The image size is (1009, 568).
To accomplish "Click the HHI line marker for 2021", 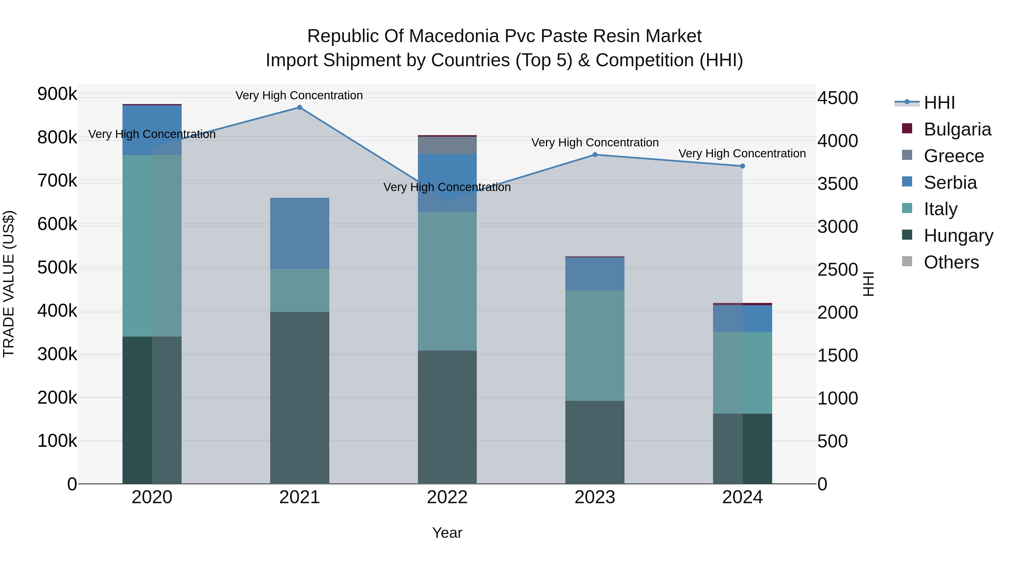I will [x=299, y=107].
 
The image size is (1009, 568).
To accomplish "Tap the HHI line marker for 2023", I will [x=594, y=155].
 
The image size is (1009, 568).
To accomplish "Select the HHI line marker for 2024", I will [x=742, y=166].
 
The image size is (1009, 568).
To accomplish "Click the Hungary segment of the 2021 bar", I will [x=300, y=397].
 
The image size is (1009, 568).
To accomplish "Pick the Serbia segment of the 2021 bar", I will [x=300, y=233].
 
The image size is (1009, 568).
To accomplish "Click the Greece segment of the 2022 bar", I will [x=447, y=145].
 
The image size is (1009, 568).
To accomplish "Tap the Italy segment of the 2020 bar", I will [x=152, y=246].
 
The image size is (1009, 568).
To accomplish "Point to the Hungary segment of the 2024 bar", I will [x=742, y=449].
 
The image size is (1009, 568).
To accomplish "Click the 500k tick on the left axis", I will [x=57, y=268].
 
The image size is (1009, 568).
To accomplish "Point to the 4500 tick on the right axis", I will [x=837, y=98].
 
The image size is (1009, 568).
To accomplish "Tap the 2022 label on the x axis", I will [x=447, y=497].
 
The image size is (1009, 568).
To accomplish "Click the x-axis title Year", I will [x=447, y=533].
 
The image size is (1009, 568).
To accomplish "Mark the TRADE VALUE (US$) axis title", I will [x=9, y=284].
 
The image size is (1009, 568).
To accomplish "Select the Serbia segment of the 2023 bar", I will [x=594, y=274].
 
